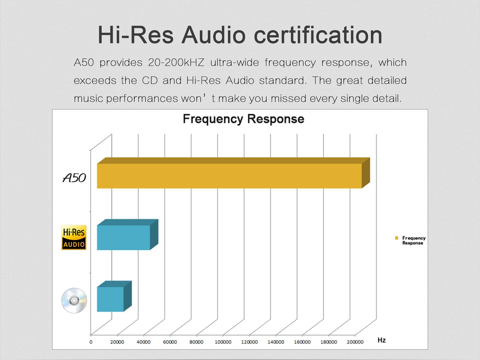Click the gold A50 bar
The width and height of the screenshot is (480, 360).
229,176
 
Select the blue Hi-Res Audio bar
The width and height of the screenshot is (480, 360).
124,238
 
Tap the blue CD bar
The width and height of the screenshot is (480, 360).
110,299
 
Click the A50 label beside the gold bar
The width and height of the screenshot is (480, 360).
74,178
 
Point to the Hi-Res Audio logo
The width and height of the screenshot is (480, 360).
74,238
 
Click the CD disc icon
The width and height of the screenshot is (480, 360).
74,300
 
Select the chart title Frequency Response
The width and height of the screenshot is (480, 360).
243,119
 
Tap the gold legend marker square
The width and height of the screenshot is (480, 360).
397,238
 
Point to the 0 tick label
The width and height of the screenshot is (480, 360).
91,342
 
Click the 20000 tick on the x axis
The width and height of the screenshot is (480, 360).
117,342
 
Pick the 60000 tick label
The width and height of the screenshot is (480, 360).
170,342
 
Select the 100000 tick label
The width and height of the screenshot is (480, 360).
223,342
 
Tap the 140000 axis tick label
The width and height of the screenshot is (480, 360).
276,342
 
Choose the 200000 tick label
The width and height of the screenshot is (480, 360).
355,342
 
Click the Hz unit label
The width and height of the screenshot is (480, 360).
382,340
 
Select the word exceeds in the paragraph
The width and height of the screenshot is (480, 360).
94,80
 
